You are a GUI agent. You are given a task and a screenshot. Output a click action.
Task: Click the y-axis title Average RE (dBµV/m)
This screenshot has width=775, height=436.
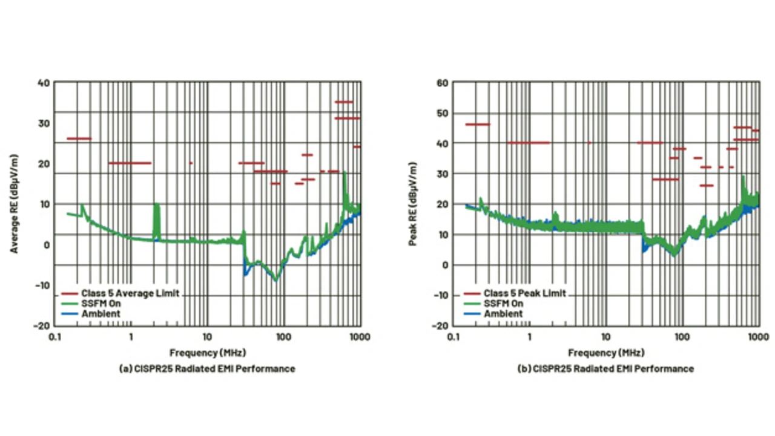[14, 203]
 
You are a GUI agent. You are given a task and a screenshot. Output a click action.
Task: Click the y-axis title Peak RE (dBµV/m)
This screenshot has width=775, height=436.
[413, 203]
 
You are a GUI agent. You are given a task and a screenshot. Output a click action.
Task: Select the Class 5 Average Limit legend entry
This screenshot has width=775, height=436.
[130, 293]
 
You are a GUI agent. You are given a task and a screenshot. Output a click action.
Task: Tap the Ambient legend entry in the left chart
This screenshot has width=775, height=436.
[101, 313]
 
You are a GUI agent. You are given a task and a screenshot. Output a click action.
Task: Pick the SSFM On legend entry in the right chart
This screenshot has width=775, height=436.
[503, 304]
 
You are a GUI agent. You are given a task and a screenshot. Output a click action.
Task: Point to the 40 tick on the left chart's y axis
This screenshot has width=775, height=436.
[43, 82]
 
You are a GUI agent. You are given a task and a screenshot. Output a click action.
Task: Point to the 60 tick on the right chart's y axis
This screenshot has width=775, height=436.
[442, 82]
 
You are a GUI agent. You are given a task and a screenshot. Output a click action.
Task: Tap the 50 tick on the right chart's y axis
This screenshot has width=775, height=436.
[442, 113]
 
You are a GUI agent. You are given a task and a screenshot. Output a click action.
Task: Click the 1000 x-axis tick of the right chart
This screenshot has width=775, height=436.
[759, 337]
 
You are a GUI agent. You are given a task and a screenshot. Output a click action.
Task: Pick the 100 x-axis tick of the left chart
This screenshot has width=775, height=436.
[283, 337]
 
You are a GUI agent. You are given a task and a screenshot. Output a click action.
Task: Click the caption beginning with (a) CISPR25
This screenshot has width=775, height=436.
[207, 368]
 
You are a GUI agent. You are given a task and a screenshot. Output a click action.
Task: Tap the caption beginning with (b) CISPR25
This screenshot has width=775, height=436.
[606, 368]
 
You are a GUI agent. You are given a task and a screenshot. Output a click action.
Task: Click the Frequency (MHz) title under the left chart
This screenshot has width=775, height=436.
[207, 353]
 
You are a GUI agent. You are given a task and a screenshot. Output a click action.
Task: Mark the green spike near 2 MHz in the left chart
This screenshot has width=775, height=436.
[156, 218]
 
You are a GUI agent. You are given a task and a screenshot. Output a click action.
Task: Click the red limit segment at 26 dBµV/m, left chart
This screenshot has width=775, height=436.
[79, 138]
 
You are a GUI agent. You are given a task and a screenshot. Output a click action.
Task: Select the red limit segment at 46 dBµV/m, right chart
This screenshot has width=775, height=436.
[477, 125]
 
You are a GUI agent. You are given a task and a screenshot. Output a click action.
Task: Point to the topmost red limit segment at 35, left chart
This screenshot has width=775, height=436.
[344, 102]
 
